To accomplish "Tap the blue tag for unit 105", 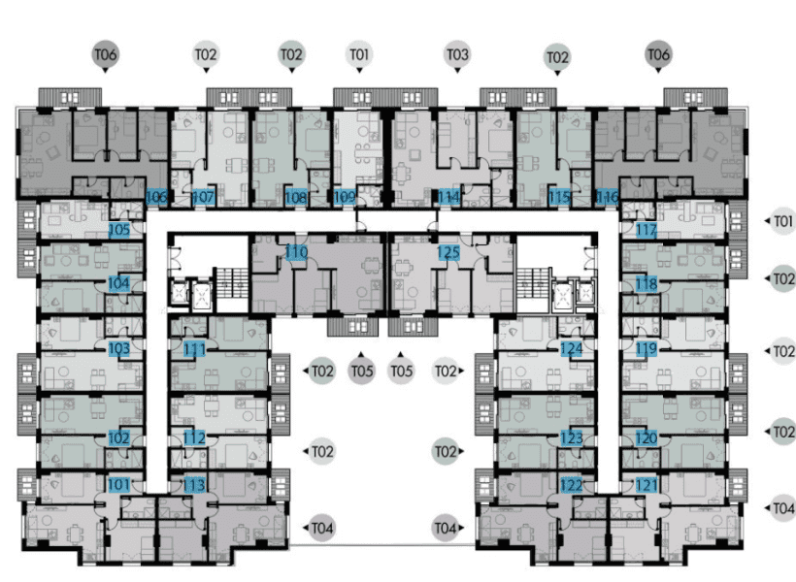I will [118, 230].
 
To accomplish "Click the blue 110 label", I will [297, 253].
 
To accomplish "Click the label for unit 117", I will [647, 230].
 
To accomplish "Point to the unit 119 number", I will [647, 347].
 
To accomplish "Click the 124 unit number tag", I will [572, 347].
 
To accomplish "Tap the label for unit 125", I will [448, 253].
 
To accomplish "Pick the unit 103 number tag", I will [118, 347].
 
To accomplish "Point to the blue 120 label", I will [647, 437].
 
